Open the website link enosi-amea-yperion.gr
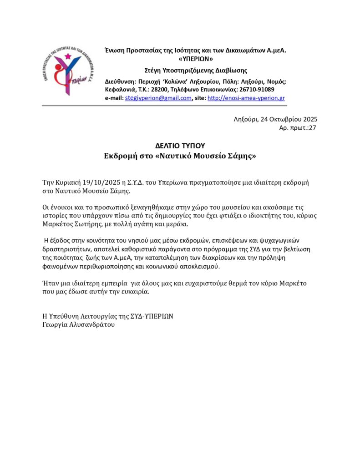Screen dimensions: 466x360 [x=246, y=98]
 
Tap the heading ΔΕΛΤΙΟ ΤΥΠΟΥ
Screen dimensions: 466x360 [x=180, y=146]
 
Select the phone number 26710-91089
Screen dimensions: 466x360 [x=257, y=90]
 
